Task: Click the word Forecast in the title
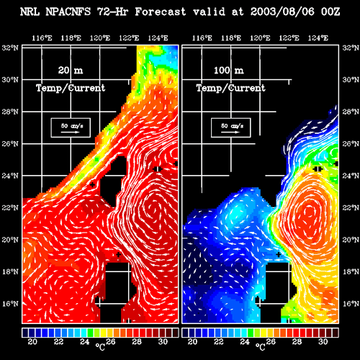(161, 12)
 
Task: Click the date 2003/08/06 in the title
(282, 12)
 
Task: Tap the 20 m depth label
(71, 71)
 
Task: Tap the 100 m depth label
(229, 71)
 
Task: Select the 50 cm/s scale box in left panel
(71, 127)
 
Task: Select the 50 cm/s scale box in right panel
(231, 127)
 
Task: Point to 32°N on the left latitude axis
(10, 48)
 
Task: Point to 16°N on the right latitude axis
(351, 304)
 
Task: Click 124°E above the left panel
(158, 38)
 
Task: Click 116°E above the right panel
(202, 38)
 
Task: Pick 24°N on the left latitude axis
(10, 176)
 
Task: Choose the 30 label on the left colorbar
(163, 341)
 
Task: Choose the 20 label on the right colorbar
(192, 341)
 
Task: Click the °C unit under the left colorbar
(100, 346)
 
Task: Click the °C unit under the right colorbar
(261, 346)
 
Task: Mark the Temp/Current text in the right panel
(231, 88)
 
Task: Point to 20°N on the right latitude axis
(351, 240)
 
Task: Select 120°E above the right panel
(260, 38)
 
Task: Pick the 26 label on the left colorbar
(111, 341)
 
